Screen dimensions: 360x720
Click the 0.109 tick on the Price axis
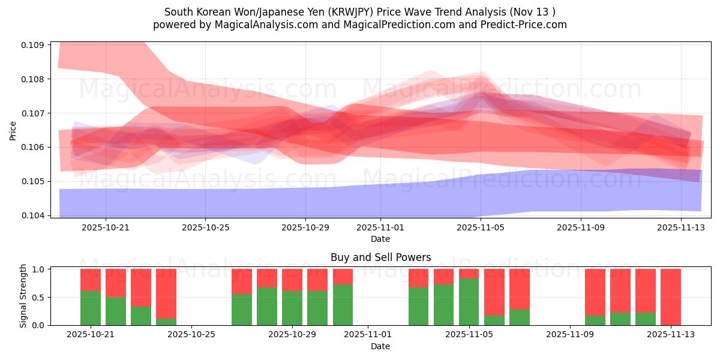click(34, 45)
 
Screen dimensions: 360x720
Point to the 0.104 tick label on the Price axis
click(34, 215)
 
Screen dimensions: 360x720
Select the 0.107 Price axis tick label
click(34, 113)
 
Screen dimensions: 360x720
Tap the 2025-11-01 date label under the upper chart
click(380, 227)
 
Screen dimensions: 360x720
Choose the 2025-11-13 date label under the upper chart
click(682, 227)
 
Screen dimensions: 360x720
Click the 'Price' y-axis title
click(13, 130)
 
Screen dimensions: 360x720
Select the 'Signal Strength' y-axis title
click(23, 296)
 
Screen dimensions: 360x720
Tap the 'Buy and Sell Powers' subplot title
click(380, 257)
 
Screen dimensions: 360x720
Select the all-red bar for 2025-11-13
click(670, 297)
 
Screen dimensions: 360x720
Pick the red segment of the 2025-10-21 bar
click(91, 280)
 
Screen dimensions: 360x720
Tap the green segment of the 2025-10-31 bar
click(343, 305)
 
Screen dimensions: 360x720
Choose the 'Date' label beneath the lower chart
click(380, 346)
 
